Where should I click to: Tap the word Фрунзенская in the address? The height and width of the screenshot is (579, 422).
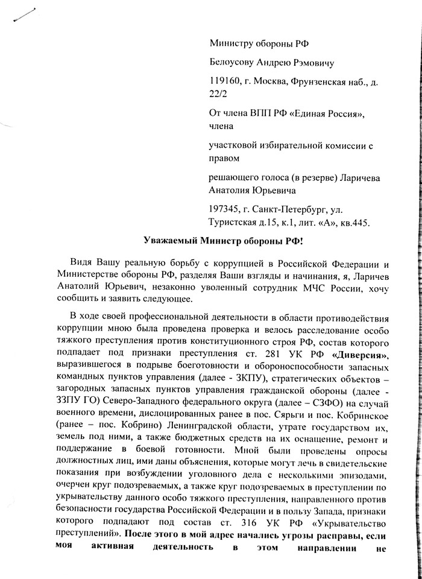[320, 80]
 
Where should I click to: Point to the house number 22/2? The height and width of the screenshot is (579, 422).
[219, 93]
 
